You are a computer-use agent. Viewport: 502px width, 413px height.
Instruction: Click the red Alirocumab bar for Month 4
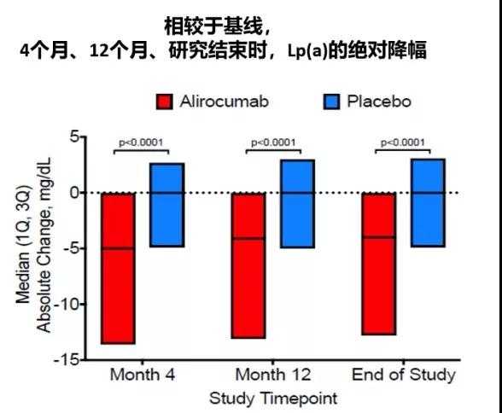[118, 269]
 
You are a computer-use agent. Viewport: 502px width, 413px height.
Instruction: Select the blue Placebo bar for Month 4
[167, 205]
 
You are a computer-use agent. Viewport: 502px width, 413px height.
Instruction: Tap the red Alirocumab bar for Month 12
[248, 265]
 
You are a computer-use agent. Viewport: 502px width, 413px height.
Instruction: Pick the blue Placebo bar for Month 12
[297, 204]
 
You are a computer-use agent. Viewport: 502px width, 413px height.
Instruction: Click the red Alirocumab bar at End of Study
[379, 264]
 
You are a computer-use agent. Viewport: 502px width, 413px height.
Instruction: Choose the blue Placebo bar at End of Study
[428, 203]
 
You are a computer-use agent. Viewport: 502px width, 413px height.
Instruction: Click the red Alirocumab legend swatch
[165, 102]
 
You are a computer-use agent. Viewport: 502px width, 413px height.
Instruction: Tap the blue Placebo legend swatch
[331, 102]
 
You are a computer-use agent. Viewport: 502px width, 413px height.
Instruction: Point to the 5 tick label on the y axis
[74, 137]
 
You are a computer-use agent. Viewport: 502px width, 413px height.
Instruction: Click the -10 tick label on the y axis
[67, 304]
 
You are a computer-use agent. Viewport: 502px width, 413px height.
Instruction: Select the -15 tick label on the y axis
[67, 360]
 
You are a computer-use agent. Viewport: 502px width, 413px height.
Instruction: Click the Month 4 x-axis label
[143, 375]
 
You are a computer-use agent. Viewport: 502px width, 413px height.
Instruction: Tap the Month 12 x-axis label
[273, 375]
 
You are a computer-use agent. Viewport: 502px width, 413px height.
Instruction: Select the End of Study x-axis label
[404, 375]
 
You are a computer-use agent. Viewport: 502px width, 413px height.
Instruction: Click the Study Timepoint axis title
[273, 398]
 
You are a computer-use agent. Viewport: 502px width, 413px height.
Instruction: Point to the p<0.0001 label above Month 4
[141, 143]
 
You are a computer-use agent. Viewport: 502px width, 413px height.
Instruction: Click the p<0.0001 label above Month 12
[273, 143]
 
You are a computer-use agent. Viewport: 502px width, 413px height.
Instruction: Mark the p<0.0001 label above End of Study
[403, 143]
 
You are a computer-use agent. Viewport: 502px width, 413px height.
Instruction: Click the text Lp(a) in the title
[307, 51]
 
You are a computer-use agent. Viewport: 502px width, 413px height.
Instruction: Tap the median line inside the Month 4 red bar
[118, 248]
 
